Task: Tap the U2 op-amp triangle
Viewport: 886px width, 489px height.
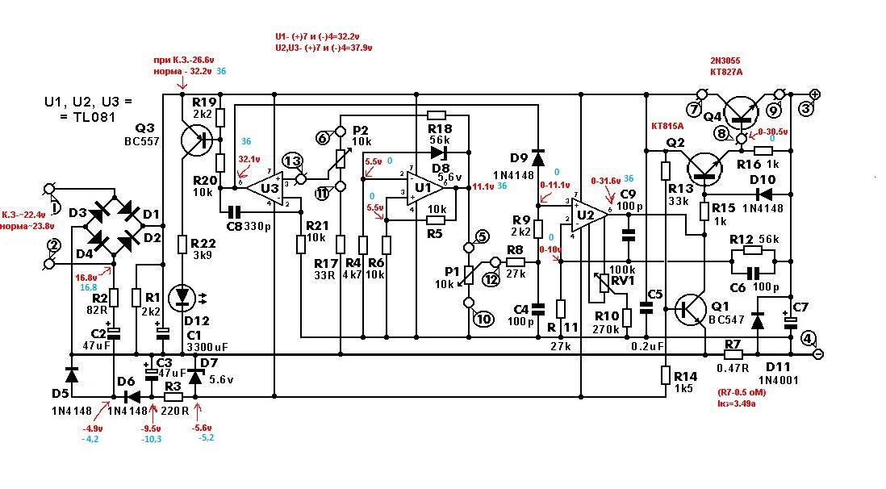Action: [x=584, y=215]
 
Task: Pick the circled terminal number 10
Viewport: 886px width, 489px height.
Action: [x=484, y=319]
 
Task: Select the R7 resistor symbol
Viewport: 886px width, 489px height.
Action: [x=732, y=353]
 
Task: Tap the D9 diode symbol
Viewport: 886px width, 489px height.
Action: [x=537, y=157]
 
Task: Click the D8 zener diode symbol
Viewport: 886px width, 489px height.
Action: [x=438, y=151]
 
